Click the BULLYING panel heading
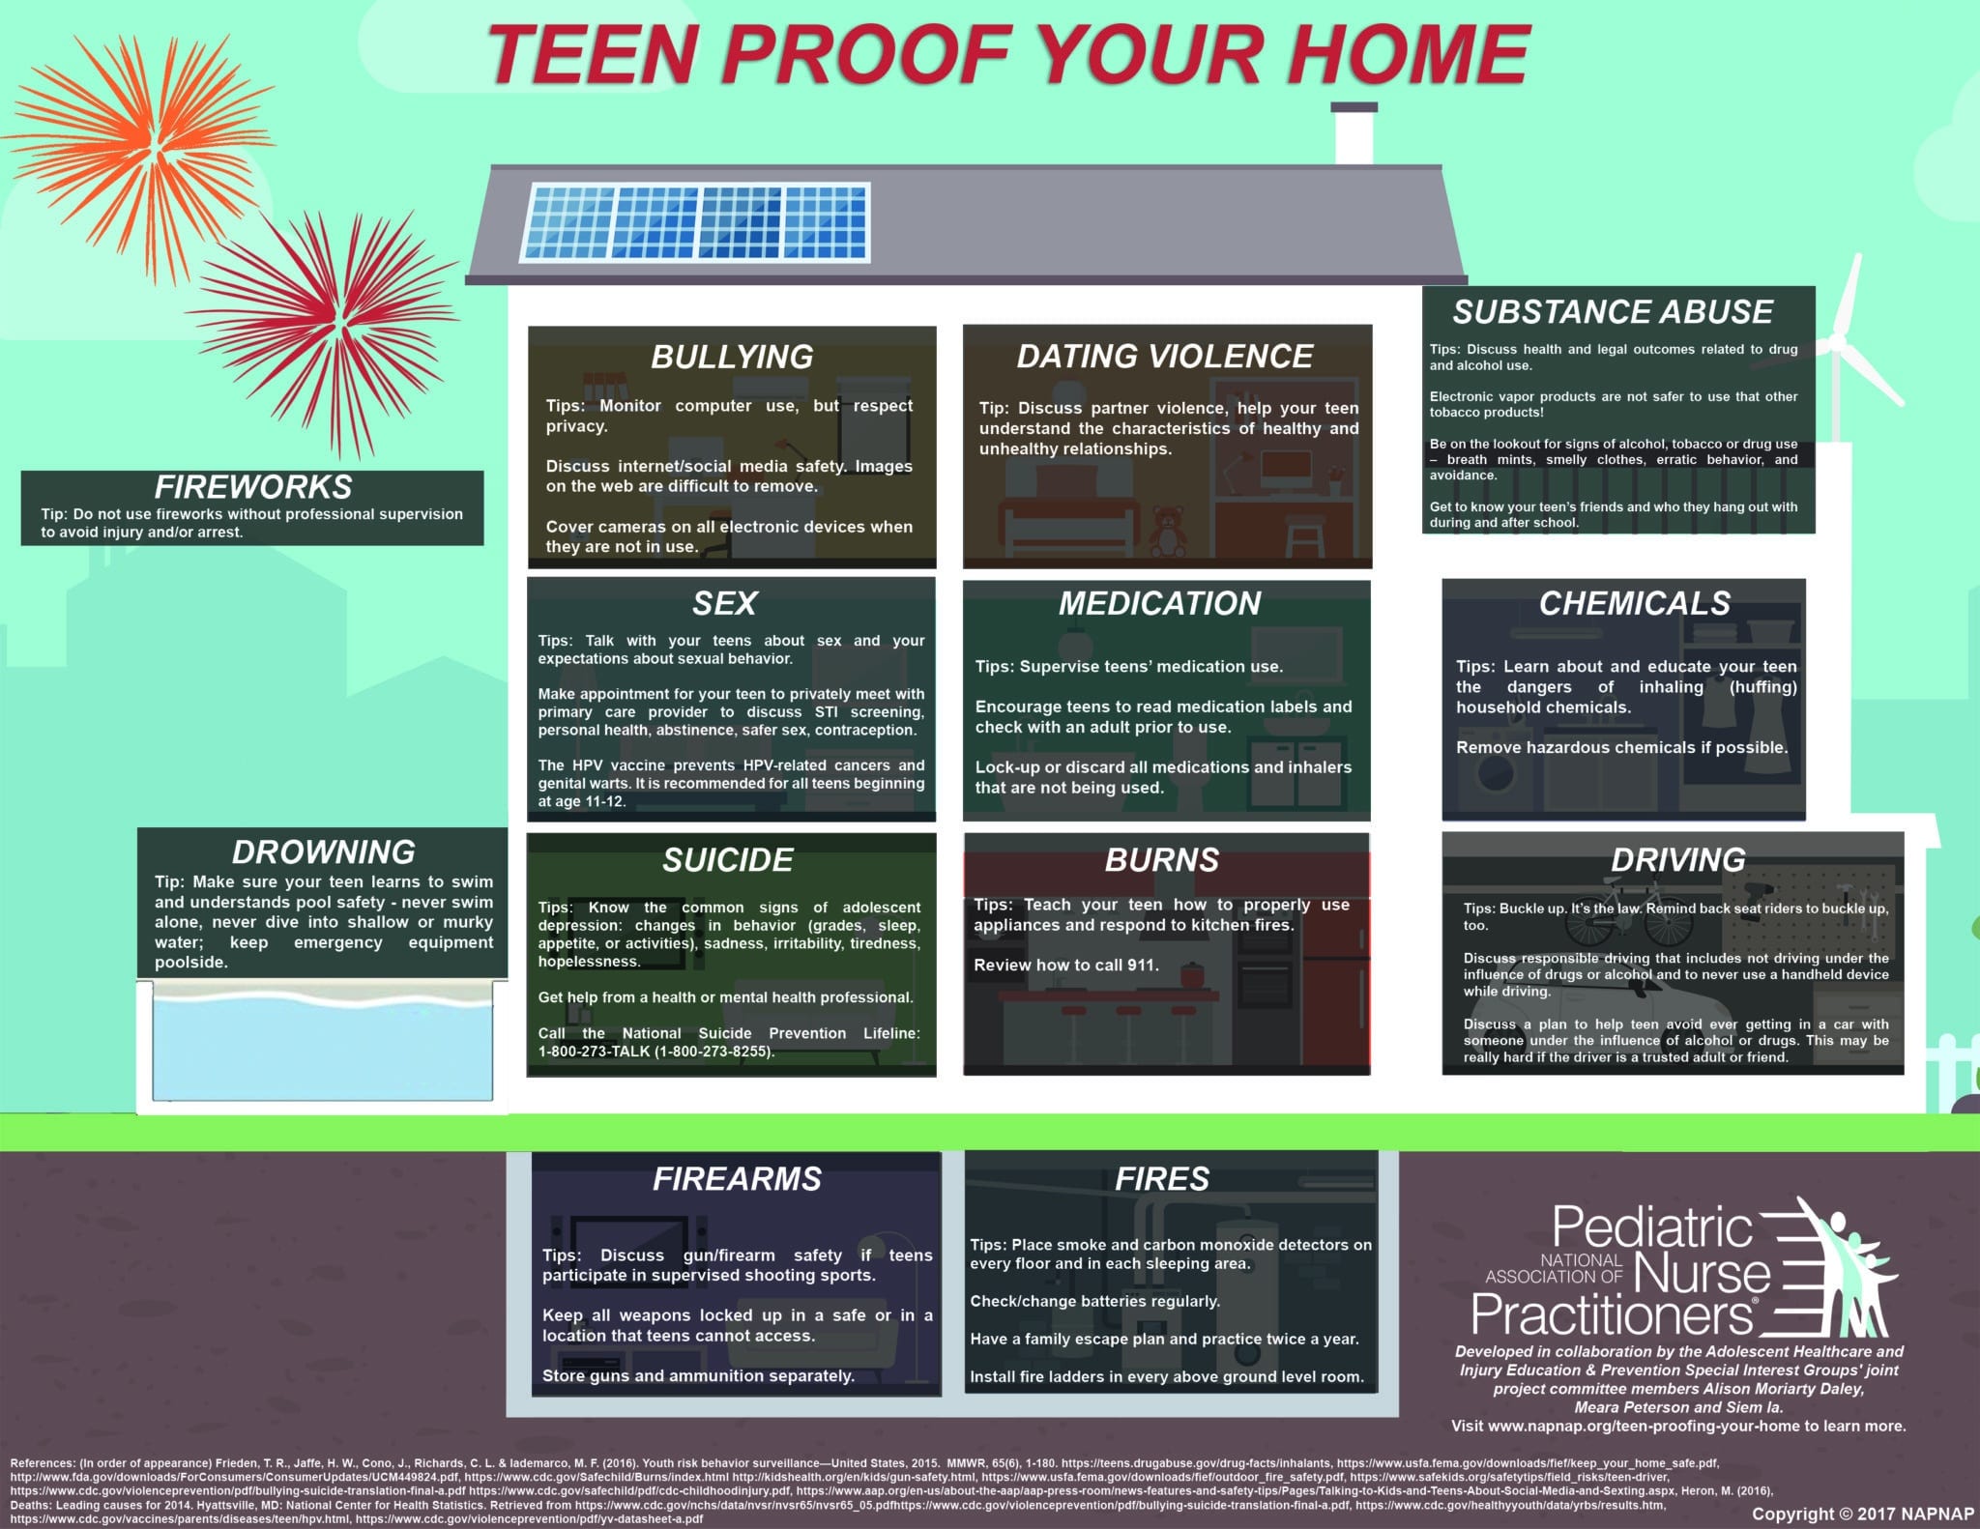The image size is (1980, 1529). pyautogui.click(x=732, y=357)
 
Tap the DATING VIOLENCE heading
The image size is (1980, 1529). pyautogui.click(x=1165, y=356)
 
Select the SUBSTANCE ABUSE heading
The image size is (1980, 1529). pyautogui.click(x=1613, y=311)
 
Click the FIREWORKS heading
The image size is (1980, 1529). pyautogui.click(x=253, y=486)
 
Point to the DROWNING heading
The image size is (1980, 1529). pyautogui.click(x=324, y=851)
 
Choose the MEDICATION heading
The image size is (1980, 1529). pyautogui.click(x=1160, y=603)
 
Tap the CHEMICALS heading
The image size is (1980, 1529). pyautogui.click(x=1635, y=603)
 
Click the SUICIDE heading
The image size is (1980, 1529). pyautogui.click(x=728, y=859)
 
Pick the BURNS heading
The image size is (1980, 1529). pyautogui.click(x=1162, y=859)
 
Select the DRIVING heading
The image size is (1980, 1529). pyautogui.click(x=1678, y=859)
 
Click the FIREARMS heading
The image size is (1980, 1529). pyautogui.click(x=737, y=1178)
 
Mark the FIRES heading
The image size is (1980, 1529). pyautogui.click(x=1162, y=1178)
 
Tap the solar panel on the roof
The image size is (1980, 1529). pyautogui.click(x=697, y=222)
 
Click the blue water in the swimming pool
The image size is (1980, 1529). pyautogui.click(x=323, y=1049)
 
